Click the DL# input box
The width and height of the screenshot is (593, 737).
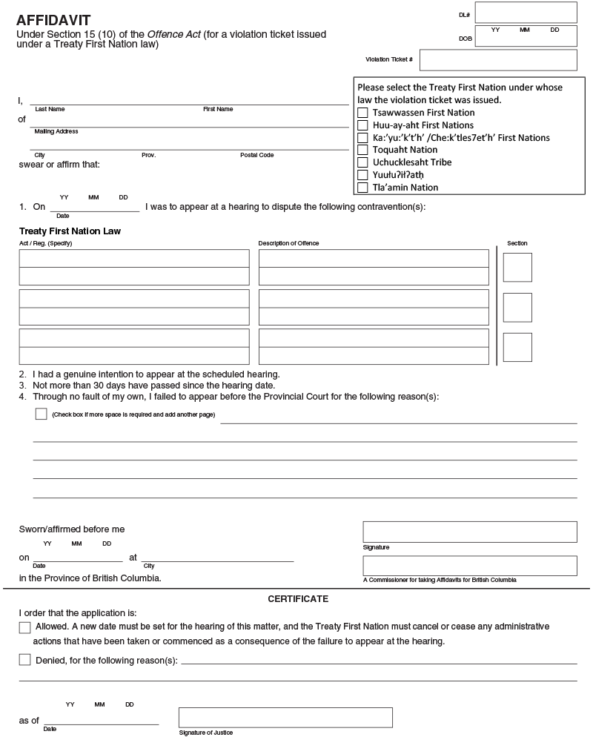coord(526,13)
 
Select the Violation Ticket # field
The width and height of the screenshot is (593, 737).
coord(498,60)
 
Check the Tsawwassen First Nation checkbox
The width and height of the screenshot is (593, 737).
coord(362,113)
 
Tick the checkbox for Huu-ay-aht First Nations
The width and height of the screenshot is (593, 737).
coord(362,125)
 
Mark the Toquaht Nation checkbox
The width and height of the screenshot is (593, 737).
coord(362,150)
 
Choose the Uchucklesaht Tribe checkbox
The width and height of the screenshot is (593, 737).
coord(362,162)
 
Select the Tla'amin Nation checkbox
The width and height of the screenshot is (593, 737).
coord(362,188)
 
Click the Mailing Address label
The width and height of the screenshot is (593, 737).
coord(56,132)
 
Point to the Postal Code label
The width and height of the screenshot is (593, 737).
coord(256,155)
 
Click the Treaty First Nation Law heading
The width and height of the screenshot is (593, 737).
coord(70,231)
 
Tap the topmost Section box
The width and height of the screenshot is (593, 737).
coord(517,267)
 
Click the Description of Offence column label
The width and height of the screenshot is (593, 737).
coord(288,243)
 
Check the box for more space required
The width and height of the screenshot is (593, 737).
coord(41,414)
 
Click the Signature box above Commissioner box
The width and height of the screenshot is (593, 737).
coord(469,532)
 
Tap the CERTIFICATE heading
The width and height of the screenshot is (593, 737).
coord(298,599)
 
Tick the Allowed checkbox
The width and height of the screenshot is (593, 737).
coord(24,628)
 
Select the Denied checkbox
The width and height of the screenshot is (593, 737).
coord(24,659)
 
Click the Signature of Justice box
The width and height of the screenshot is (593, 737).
coord(285,717)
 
